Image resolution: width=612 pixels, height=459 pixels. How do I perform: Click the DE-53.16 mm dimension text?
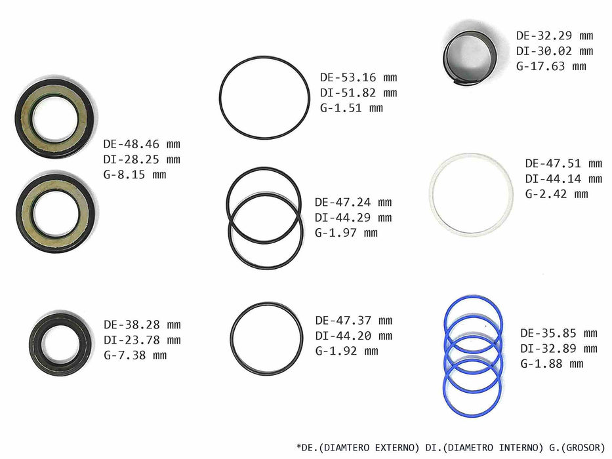358,77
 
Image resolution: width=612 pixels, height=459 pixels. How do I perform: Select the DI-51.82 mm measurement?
358,92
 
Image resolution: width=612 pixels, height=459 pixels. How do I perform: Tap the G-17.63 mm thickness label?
551,66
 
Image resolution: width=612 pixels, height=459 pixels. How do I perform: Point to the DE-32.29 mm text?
555,35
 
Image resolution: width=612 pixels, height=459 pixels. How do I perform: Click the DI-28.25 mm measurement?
142,159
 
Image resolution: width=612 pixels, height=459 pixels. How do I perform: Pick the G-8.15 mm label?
134,174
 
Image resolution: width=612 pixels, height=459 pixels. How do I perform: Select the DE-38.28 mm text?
142,325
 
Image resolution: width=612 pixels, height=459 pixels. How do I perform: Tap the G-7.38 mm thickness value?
135,355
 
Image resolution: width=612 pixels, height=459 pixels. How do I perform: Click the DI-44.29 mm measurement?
353,218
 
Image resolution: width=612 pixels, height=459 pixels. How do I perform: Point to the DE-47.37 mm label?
354,321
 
